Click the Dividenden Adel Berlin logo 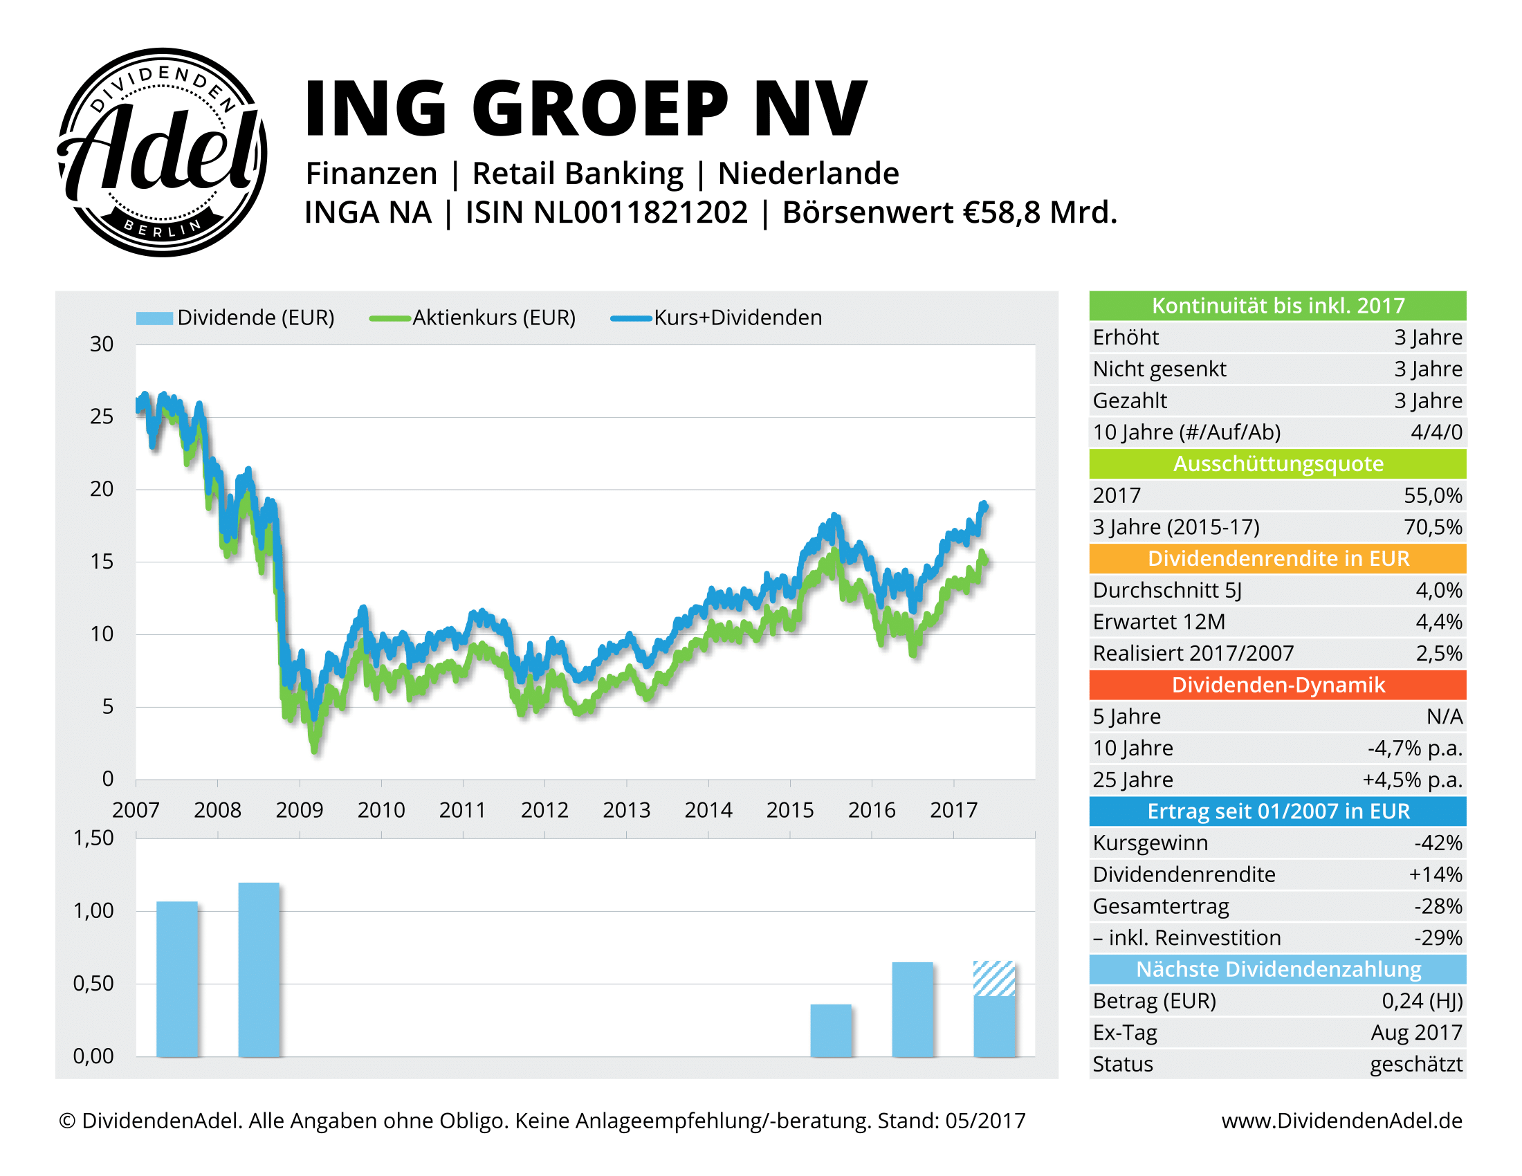162,152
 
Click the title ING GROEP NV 585,109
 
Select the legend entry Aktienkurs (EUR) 493,318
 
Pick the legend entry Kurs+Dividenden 737,318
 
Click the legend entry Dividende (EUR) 255,318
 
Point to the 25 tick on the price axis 102,416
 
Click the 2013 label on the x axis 626,809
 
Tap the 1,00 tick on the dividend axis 93,910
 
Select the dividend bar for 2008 259,969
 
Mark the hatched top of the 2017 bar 993,978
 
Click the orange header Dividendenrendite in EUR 1277,559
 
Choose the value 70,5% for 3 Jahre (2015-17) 1433,527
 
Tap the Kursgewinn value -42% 1438,843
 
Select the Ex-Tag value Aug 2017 1416,1033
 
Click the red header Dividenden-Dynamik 1277,685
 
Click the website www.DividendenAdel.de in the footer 1341,1120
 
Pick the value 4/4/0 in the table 1436,432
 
